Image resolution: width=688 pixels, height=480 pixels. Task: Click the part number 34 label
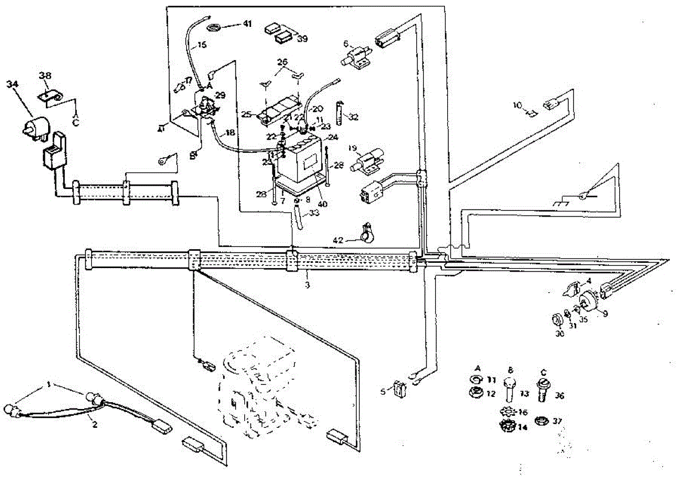pyautogui.click(x=12, y=84)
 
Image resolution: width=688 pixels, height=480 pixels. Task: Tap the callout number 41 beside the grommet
pyautogui.click(x=247, y=24)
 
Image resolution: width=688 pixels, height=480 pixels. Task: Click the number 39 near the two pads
pyautogui.click(x=301, y=38)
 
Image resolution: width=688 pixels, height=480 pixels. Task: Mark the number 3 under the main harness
pyautogui.click(x=307, y=285)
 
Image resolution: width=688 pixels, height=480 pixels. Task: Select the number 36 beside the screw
pyautogui.click(x=560, y=395)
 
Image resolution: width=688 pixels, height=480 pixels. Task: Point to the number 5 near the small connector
pyautogui.click(x=382, y=392)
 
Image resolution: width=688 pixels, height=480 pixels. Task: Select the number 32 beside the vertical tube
pyautogui.click(x=354, y=117)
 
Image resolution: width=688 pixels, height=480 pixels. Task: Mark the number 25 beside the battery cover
pyautogui.click(x=247, y=115)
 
